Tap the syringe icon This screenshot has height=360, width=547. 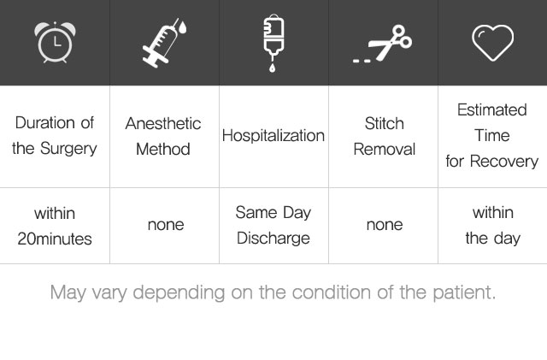[164, 43]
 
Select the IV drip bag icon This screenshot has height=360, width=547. [273, 43]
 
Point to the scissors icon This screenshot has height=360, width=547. [382, 44]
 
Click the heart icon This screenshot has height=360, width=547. [492, 43]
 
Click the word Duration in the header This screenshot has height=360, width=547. [45, 123]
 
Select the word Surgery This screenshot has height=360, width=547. [68, 149]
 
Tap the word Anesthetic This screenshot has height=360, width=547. [163, 124]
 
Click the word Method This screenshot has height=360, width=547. [163, 150]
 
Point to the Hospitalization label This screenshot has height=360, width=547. [273, 136]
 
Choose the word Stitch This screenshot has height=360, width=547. [384, 124]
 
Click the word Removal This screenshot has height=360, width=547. [384, 150]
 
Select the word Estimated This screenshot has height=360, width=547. [492, 110]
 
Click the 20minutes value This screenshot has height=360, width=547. [55, 239]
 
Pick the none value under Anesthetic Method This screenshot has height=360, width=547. [166, 225]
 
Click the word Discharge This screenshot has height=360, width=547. [273, 239]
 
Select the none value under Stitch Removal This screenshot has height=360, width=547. [385, 225]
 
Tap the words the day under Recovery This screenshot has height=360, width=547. [492, 239]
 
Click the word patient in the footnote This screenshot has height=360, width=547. [464, 292]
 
